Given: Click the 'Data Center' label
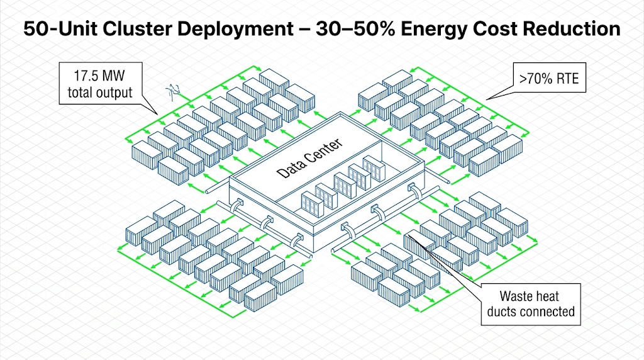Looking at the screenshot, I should tap(310, 157).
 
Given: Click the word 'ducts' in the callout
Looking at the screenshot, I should tap(510, 311).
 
